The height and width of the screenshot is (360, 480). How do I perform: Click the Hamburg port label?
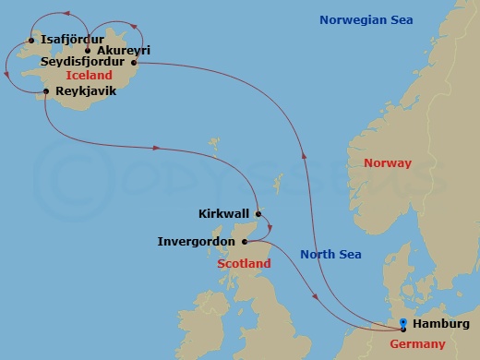[441, 324]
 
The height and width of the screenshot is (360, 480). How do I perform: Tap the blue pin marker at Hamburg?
[402, 324]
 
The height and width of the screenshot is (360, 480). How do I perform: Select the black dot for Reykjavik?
[45, 90]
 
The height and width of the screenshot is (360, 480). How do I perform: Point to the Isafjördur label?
[73, 40]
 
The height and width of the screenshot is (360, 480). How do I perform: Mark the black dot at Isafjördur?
[32, 41]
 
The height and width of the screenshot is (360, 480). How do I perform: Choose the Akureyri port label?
[124, 51]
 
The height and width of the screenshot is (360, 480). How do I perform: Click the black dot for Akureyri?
[89, 51]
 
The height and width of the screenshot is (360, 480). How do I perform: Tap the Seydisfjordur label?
[83, 62]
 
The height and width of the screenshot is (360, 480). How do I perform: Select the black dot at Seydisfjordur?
[134, 63]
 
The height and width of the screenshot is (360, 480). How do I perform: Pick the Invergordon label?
[196, 243]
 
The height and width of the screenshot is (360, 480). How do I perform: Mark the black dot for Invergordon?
[245, 243]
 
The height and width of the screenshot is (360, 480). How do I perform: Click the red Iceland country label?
[90, 75]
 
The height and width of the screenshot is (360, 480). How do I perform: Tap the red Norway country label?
[388, 163]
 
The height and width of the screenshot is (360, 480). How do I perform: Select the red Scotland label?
[244, 264]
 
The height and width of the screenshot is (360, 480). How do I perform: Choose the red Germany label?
[416, 344]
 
